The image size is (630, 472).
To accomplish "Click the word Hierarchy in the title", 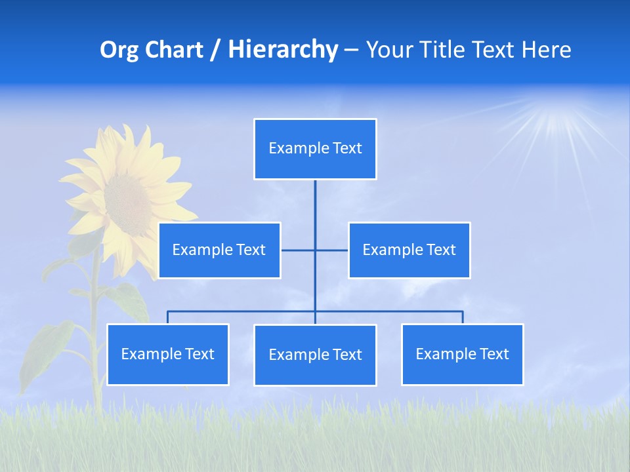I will [x=282, y=50].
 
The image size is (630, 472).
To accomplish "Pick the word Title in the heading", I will [x=444, y=50].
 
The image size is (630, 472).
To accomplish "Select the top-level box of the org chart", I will [x=315, y=149].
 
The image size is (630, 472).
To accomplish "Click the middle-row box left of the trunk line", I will [x=219, y=250].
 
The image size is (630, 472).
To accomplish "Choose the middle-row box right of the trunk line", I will [x=409, y=250].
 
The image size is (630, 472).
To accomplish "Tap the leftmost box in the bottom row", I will [x=167, y=355].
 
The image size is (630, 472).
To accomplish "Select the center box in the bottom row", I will [x=315, y=355].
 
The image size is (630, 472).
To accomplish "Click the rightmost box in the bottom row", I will [x=462, y=355].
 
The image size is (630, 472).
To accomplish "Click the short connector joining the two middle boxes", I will [x=331, y=250].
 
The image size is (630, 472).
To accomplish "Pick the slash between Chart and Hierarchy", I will [x=215, y=50].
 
